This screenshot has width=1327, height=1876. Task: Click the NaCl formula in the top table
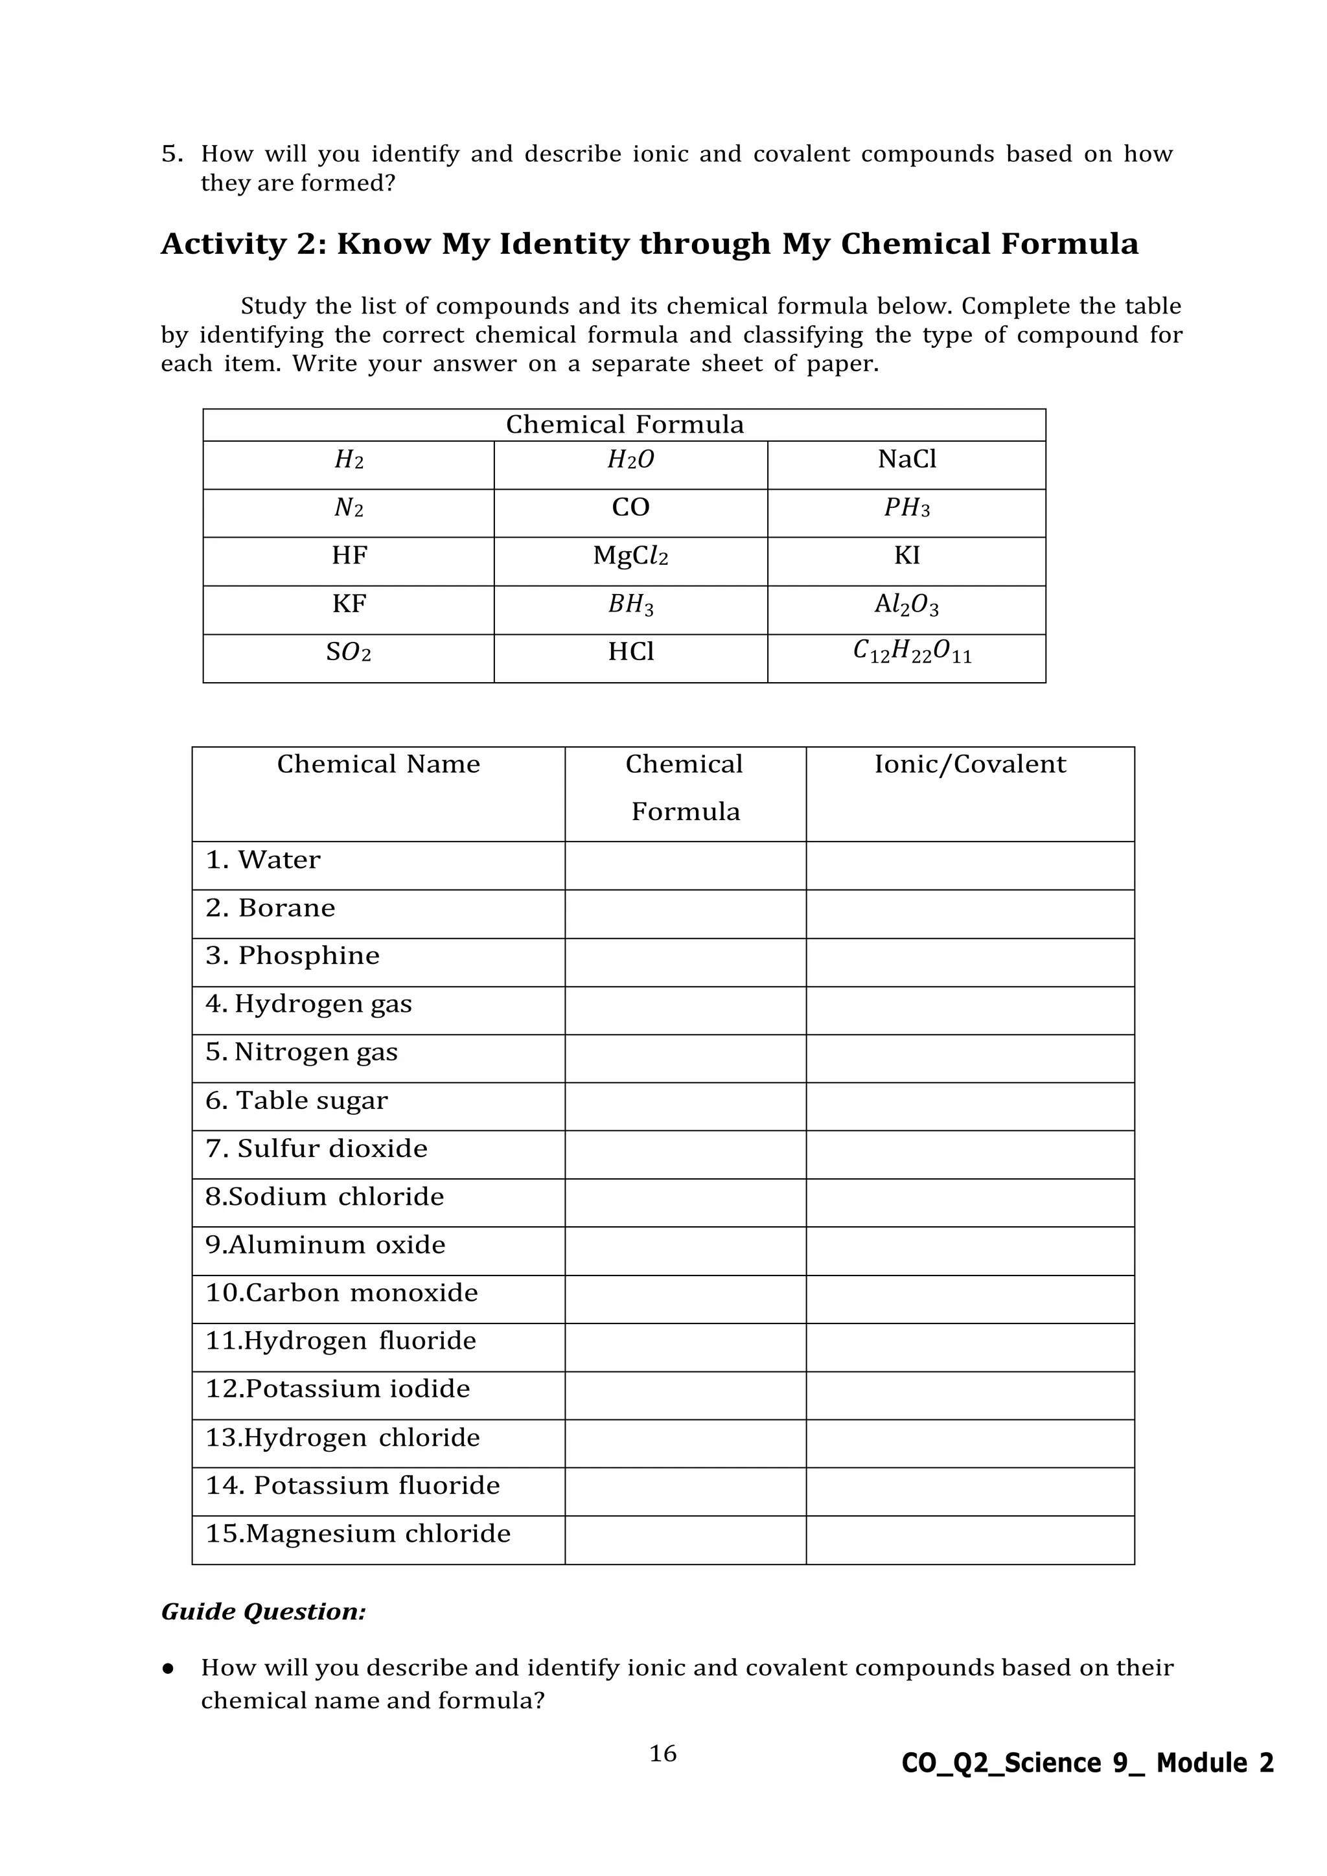click(906, 460)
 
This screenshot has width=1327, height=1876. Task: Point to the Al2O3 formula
click(906, 604)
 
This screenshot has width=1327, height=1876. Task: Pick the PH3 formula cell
click(906, 509)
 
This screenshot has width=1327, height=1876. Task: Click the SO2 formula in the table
click(348, 653)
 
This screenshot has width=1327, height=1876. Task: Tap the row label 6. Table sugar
click(297, 1101)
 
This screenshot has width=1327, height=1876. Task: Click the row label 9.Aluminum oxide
click(325, 1245)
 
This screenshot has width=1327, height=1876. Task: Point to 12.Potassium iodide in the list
click(338, 1389)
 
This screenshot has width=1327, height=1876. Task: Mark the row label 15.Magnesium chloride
click(358, 1534)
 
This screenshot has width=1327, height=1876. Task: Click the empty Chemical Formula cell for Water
click(685, 865)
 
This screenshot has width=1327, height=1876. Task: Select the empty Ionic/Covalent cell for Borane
click(969, 913)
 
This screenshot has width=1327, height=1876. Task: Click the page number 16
click(663, 1754)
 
